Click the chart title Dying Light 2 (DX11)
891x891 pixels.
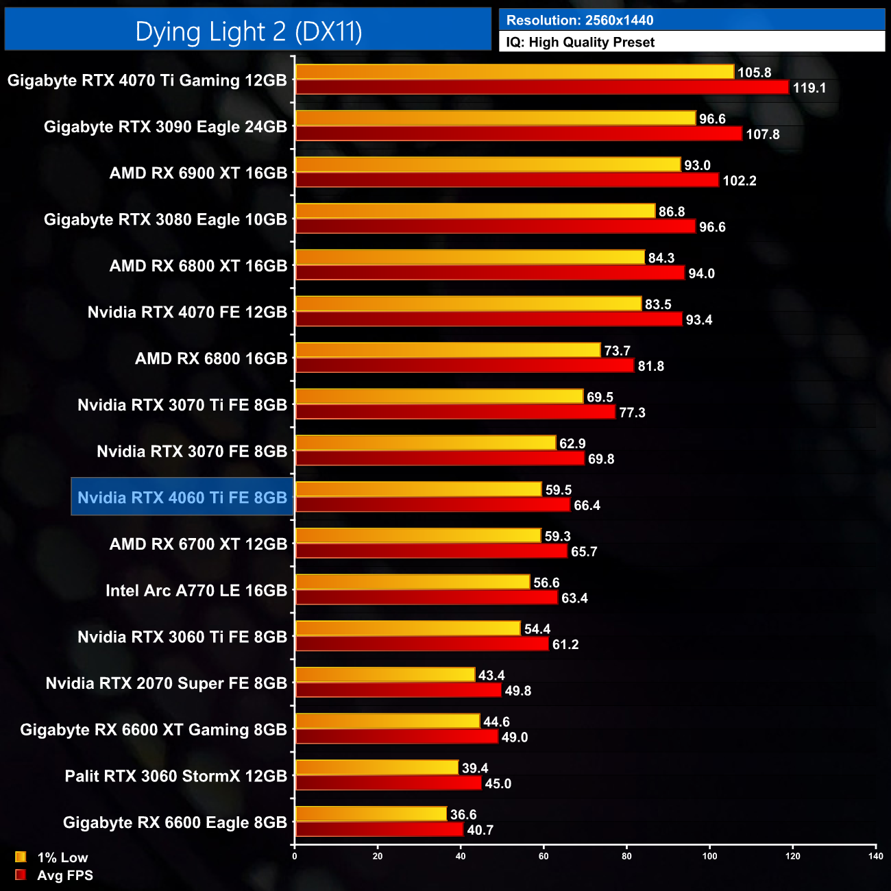[248, 32]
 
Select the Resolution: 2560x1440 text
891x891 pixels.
[580, 21]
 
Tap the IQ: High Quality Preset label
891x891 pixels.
[581, 42]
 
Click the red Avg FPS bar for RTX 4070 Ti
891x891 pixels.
[541, 88]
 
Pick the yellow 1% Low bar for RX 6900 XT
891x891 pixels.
[487, 165]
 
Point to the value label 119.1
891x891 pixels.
[809, 88]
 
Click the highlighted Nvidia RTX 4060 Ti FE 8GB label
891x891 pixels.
[182, 498]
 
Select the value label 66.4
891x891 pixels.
[587, 506]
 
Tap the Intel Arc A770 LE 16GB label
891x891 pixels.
[196, 591]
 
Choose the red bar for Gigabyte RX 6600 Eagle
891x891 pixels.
[379, 830]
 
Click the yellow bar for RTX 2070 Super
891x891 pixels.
[385, 675]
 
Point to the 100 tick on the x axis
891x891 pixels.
[709, 856]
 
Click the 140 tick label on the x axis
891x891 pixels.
[875, 856]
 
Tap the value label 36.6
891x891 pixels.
[463, 815]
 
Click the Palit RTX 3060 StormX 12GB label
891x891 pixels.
[175, 777]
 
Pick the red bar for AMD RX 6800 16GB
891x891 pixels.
[464, 366]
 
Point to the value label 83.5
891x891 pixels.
[658, 304]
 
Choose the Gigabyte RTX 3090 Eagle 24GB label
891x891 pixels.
[165, 127]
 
